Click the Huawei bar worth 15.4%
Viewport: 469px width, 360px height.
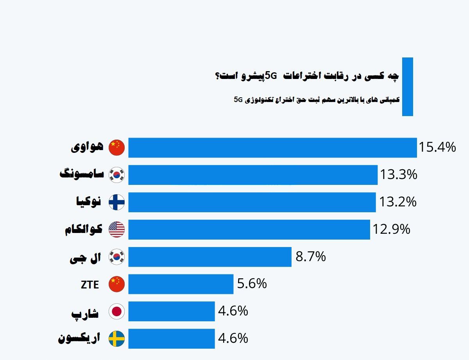tap(272, 148)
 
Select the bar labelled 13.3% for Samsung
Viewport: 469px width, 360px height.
tap(253, 175)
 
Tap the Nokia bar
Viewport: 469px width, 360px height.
tap(252, 202)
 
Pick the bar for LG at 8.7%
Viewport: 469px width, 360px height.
tap(210, 257)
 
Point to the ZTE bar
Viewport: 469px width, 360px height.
tap(181, 284)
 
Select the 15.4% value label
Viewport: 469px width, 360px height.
tap(437, 147)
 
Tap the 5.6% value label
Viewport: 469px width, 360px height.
tap(252, 284)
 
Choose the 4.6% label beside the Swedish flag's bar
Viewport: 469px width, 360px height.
tap(233, 338)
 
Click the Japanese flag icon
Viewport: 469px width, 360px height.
tap(116, 311)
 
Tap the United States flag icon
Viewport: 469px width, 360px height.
tap(116, 229)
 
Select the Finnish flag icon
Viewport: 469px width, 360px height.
tap(116, 202)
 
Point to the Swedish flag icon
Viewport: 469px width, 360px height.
tap(116, 339)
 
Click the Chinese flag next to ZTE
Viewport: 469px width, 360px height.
tap(116, 284)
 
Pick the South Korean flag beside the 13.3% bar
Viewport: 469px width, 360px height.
tap(116, 175)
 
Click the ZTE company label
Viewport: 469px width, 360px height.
tap(90, 285)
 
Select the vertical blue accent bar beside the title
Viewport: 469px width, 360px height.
tap(407, 87)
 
